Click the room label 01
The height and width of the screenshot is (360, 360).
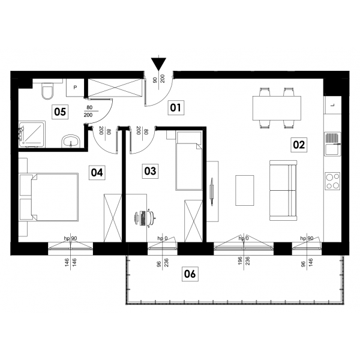click(176, 107)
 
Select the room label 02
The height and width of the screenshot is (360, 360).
click(299, 145)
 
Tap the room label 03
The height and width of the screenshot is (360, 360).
click(150, 171)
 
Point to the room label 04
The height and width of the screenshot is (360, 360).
click(97, 172)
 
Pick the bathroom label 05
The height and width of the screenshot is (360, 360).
click(60, 112)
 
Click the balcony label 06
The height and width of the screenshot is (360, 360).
click(190, 274)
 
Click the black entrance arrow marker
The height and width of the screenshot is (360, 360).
click(158, 64)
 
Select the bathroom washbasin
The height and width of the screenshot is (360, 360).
click(71, 142)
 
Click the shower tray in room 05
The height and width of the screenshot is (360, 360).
click(32, 134)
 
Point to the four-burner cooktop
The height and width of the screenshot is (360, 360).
click(332, 181)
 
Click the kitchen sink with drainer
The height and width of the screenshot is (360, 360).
click(332, 144)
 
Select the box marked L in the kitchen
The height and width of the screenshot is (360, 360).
click(332, 105)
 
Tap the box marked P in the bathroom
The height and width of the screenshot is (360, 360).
click(75, 88)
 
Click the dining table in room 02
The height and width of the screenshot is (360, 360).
click(277, 108)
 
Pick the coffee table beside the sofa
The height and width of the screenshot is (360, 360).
click(245, 190)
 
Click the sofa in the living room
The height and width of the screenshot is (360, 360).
click(283, 191)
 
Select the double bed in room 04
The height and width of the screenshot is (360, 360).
click(49, 197)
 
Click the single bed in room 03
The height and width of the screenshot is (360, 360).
click(189, 160)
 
